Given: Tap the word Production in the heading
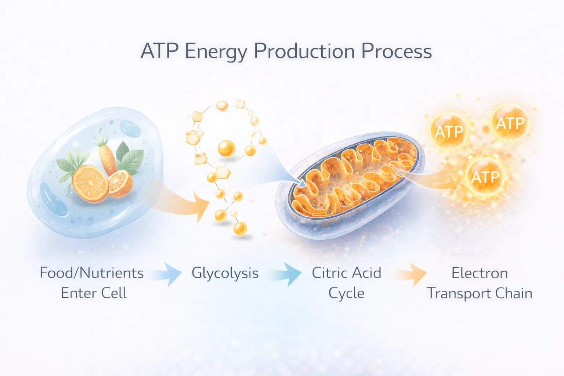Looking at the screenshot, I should point(304,51).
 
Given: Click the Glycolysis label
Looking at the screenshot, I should point(225,273).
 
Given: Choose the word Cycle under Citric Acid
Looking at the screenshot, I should point(346,293).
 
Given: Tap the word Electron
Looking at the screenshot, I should point(480,273).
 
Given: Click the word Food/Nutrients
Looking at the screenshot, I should point(91,273).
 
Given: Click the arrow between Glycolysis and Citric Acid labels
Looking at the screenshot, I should point(287,274).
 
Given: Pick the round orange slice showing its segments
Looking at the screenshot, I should point(90,182).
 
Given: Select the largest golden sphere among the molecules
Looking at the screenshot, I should point(226,148).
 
